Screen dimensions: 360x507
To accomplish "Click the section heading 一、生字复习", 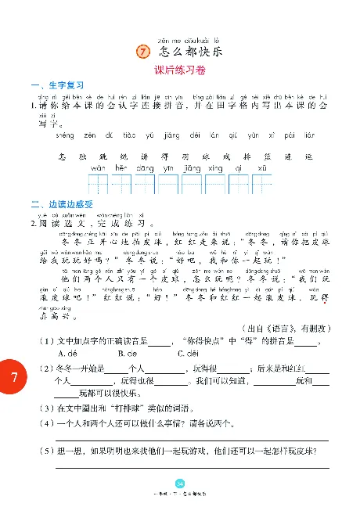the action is tap(56, 85).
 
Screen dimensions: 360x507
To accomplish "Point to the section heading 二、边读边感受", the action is tap(61, 205).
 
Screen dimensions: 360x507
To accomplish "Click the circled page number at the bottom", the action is tap(179, 482).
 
